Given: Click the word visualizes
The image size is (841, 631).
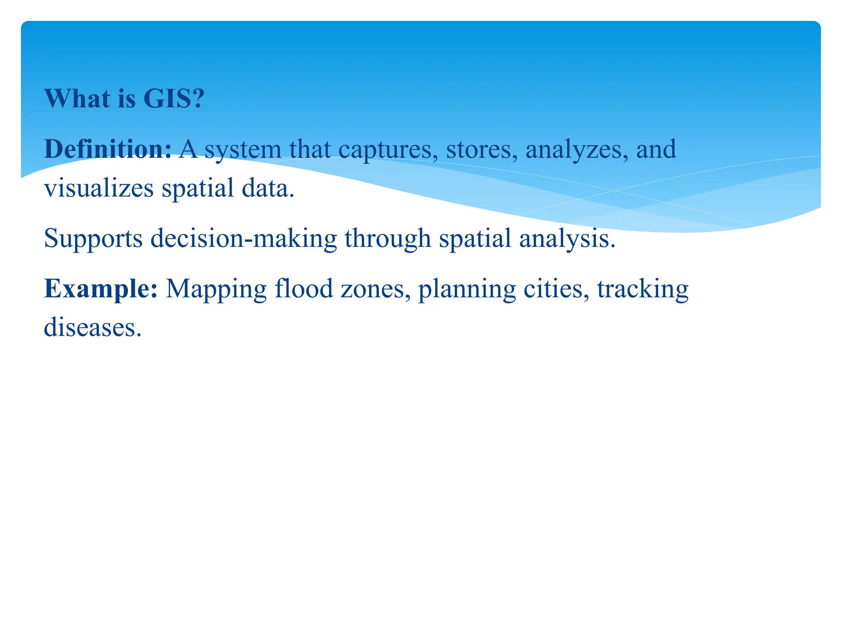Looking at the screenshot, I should pos(99,188).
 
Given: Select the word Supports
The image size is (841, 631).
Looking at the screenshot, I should pos(93,239).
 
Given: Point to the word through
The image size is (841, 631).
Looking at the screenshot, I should pos(388,239).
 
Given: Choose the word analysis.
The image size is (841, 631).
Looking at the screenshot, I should pos(567,239).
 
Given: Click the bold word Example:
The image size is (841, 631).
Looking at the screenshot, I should pos(101,289).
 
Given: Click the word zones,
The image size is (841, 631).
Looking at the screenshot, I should pos(375,289).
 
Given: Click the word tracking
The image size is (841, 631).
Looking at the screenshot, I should pos(643,289).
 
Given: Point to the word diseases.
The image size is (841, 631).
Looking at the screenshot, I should pos(92,328).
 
